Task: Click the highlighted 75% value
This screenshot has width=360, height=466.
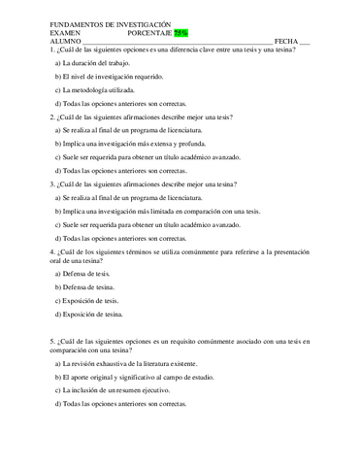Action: pyautogui.click(x=181, y=32)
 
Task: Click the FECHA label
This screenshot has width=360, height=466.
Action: pyautogui.click(x=285, y=41)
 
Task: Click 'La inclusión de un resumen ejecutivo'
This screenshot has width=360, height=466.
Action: pyautogui.click(x=120, y=389)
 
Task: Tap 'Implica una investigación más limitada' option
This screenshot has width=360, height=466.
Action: pyautogui.click(x=157, y=211)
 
